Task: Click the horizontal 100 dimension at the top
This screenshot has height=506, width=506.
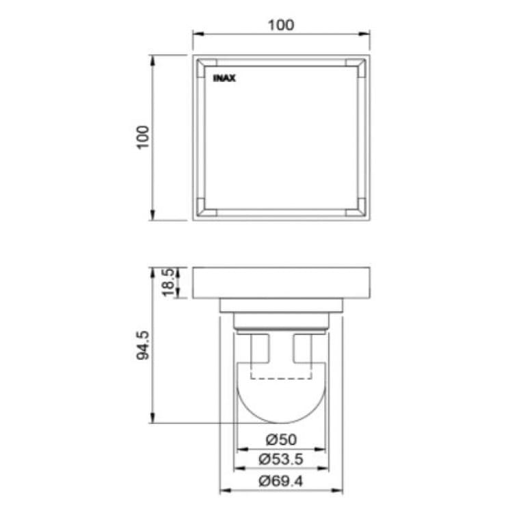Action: pos(281,25)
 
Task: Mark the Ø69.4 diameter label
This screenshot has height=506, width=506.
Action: pos(281,480)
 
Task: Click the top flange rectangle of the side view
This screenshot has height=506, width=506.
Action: pos(281,282)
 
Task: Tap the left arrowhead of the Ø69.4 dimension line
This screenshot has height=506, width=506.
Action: pos(223,491)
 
